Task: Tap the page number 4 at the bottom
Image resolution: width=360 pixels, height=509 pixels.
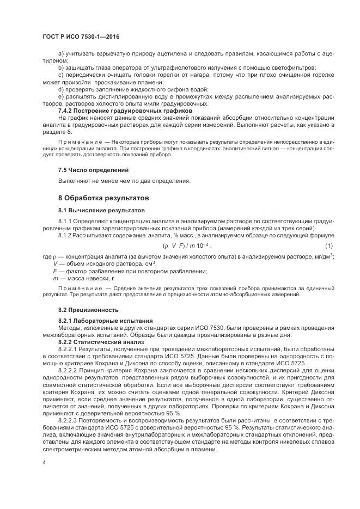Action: pos(44,461)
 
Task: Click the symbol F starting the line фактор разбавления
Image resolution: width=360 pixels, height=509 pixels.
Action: pos(54,271)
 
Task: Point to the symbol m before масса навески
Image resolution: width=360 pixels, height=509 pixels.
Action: pos(55,278)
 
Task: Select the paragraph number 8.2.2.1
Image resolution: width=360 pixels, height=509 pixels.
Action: pos(69,348)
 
